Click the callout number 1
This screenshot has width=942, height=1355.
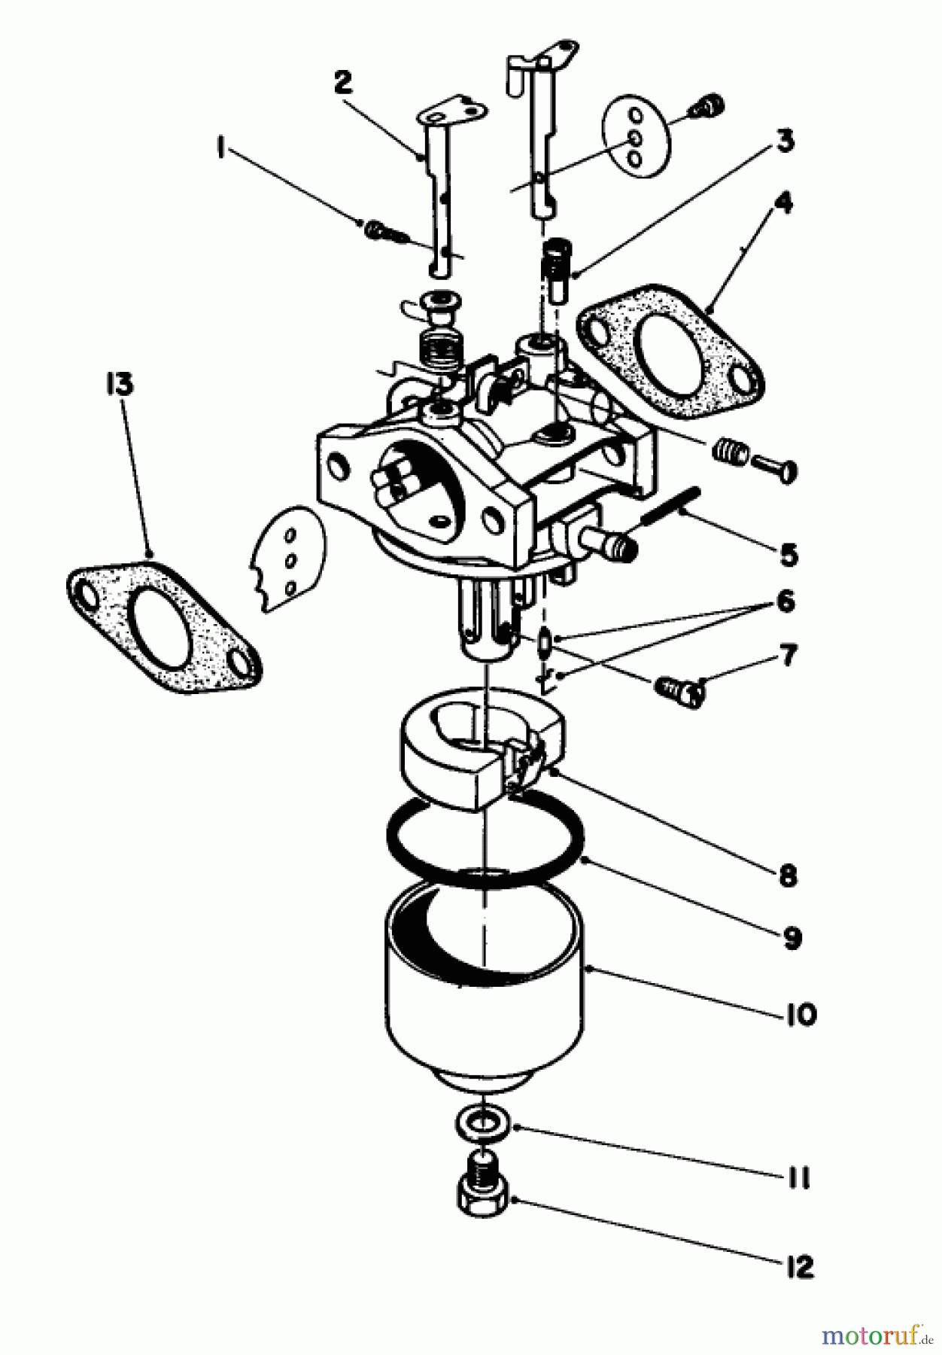point(220,150)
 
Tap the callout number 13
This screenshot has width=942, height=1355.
point(119,385)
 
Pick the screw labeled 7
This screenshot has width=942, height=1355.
point(679,690)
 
